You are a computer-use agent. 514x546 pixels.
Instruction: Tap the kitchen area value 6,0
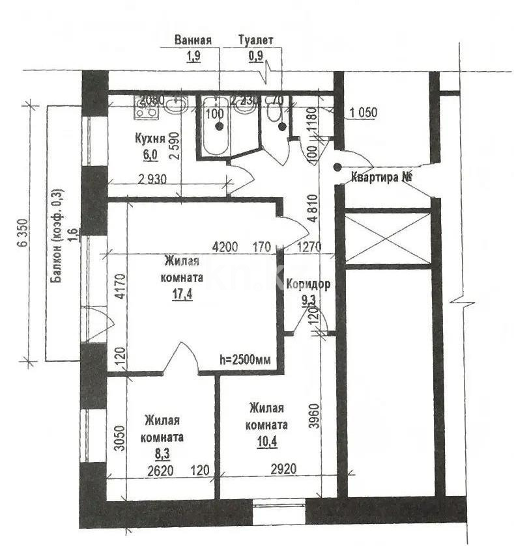point(150,154)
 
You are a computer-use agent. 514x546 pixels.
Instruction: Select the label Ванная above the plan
point(193,40)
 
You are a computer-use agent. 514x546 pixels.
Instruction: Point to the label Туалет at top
point(256,40)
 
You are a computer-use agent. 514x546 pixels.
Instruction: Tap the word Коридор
point(308,284)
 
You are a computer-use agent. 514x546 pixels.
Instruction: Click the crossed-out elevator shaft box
point(387,238)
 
